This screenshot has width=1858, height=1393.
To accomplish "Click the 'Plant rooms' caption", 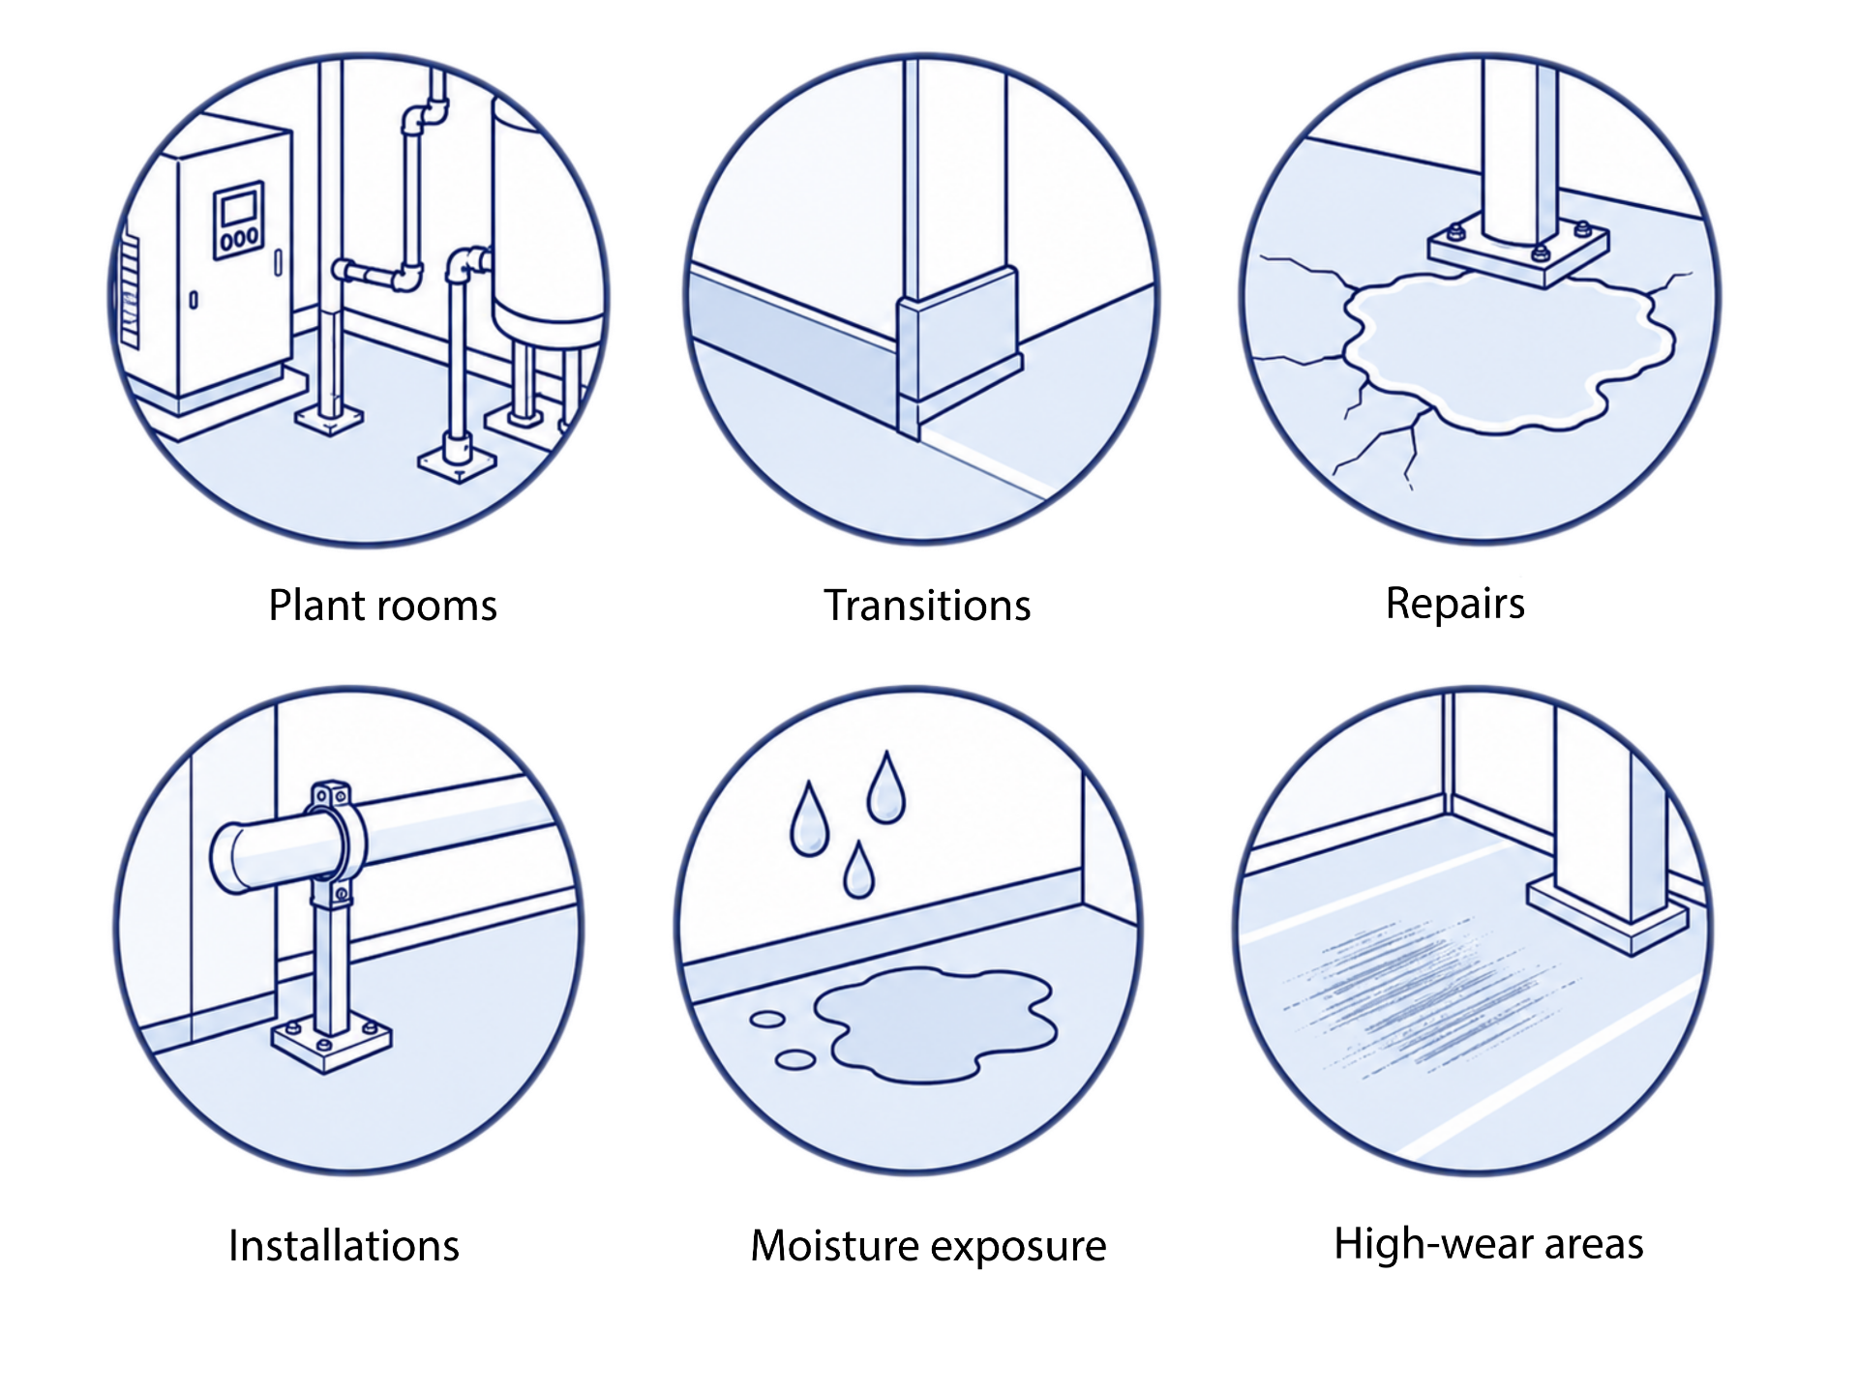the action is tap(382, 606).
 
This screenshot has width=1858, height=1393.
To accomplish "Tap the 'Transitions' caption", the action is tap(927, 606).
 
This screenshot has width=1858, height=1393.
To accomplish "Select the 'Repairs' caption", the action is tap(1454, 605).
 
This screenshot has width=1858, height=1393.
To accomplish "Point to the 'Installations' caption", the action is tap(344, 1246).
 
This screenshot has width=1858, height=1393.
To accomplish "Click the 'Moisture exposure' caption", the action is tap(928, 1246).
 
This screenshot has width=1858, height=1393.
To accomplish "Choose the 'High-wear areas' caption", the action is tap(1488, 1244).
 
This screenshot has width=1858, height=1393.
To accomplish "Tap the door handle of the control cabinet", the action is tap(279, 262).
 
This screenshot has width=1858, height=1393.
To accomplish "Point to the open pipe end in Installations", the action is tap(228, 857).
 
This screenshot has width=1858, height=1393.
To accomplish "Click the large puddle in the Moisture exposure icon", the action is tap(935, 1023).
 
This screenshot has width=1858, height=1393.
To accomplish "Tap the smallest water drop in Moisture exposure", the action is tap(858, 871).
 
